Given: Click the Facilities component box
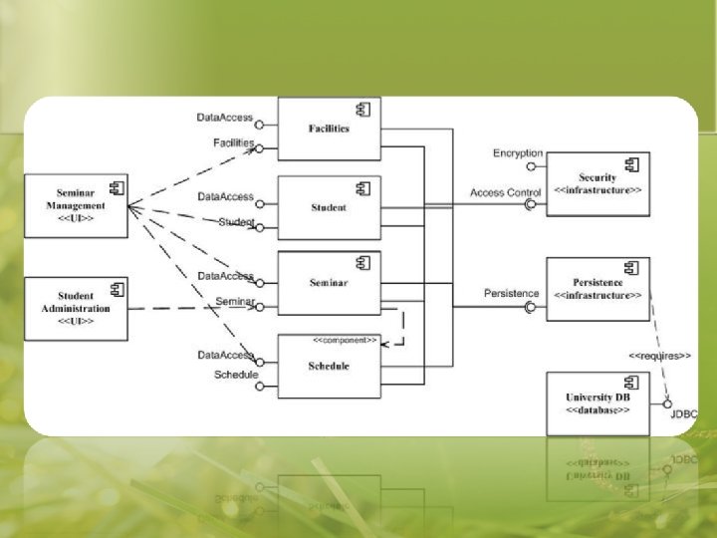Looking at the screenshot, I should (x=329, y=129).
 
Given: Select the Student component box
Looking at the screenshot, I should (x=329, y=207).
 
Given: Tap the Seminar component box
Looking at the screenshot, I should (x=329, y=283).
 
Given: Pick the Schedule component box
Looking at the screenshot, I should (x=329, y=366).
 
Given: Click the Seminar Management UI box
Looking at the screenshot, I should (x=76, y=205).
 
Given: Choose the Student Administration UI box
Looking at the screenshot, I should (x=76, y=309).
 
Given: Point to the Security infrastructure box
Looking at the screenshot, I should (x=597, y=183).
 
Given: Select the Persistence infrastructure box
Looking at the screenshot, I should (x=597, y=289).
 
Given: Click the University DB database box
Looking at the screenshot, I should (x=597, y=403).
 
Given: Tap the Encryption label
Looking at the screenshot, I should (x=518, y=152).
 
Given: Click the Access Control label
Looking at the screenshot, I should (x=505, y=192).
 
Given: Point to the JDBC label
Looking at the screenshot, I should (x=683, y=413).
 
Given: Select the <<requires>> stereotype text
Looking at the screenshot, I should (x=659, y=355).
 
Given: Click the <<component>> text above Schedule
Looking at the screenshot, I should (x=345, y=341).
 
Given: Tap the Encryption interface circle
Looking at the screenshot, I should (x=532, y=166).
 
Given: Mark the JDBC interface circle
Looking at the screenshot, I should (x=667, y=403).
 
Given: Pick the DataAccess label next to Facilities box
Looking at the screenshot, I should (x=224, y=118).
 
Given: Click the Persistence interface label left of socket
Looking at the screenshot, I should (x=511, y=293).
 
